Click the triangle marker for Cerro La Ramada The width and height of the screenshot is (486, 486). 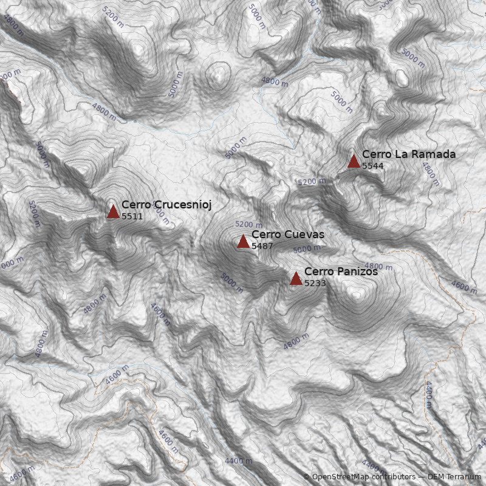354,161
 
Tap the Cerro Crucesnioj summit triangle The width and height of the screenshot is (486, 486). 113,211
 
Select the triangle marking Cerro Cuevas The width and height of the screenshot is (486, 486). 243,242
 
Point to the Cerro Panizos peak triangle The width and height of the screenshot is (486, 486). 296,278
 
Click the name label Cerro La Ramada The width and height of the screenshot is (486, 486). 408,154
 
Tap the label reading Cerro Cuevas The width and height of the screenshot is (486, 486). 287,234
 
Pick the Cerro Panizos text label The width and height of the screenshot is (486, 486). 341,272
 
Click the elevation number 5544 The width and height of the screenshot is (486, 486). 372,166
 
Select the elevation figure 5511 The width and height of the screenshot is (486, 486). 132,216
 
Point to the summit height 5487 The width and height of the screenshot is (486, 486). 262,246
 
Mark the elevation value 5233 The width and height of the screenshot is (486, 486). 315,283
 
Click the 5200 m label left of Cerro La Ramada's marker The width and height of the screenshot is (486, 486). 311,182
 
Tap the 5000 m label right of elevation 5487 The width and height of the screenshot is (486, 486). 307,249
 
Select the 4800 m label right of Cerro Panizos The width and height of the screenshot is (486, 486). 379,266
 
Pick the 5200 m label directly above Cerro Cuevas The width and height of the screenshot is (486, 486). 248,225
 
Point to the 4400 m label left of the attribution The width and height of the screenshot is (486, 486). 238,461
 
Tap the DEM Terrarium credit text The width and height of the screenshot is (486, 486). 454,477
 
